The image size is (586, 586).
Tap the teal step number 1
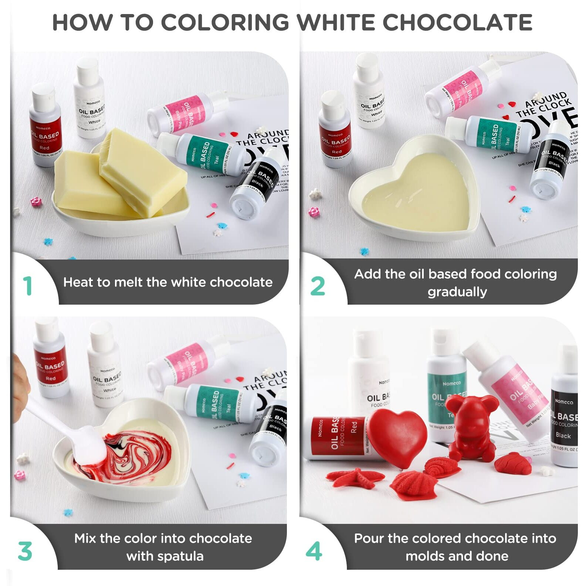point(28,286)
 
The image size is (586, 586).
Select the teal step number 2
point(318,286)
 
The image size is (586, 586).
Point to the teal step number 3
point(25,551)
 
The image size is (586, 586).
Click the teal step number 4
point(314,551)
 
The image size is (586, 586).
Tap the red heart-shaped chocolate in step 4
point(397,438)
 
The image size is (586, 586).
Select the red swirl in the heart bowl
point(133,455)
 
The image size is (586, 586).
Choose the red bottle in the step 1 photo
point(45,126)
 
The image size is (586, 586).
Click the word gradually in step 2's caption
point(457,292)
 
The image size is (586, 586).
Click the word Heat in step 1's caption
point(76,282)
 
